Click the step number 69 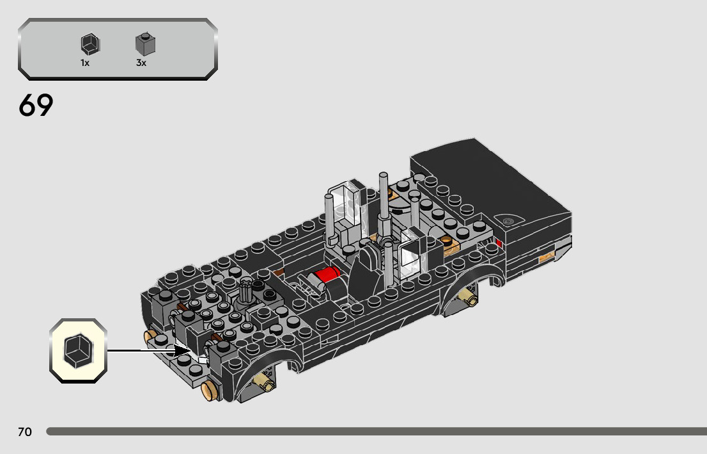click(x=36, y=105)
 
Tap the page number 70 click(x=25, y=432)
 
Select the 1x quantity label click(x=85, y=63)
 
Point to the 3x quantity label click(x=141, y=63)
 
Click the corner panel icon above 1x click(x=90, y=44)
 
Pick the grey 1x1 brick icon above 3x click(x=145, y=44)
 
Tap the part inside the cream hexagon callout click(x=79, y=350)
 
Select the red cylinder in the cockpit click(x=327, y=274)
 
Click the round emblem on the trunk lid click(x=509, y=221)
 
